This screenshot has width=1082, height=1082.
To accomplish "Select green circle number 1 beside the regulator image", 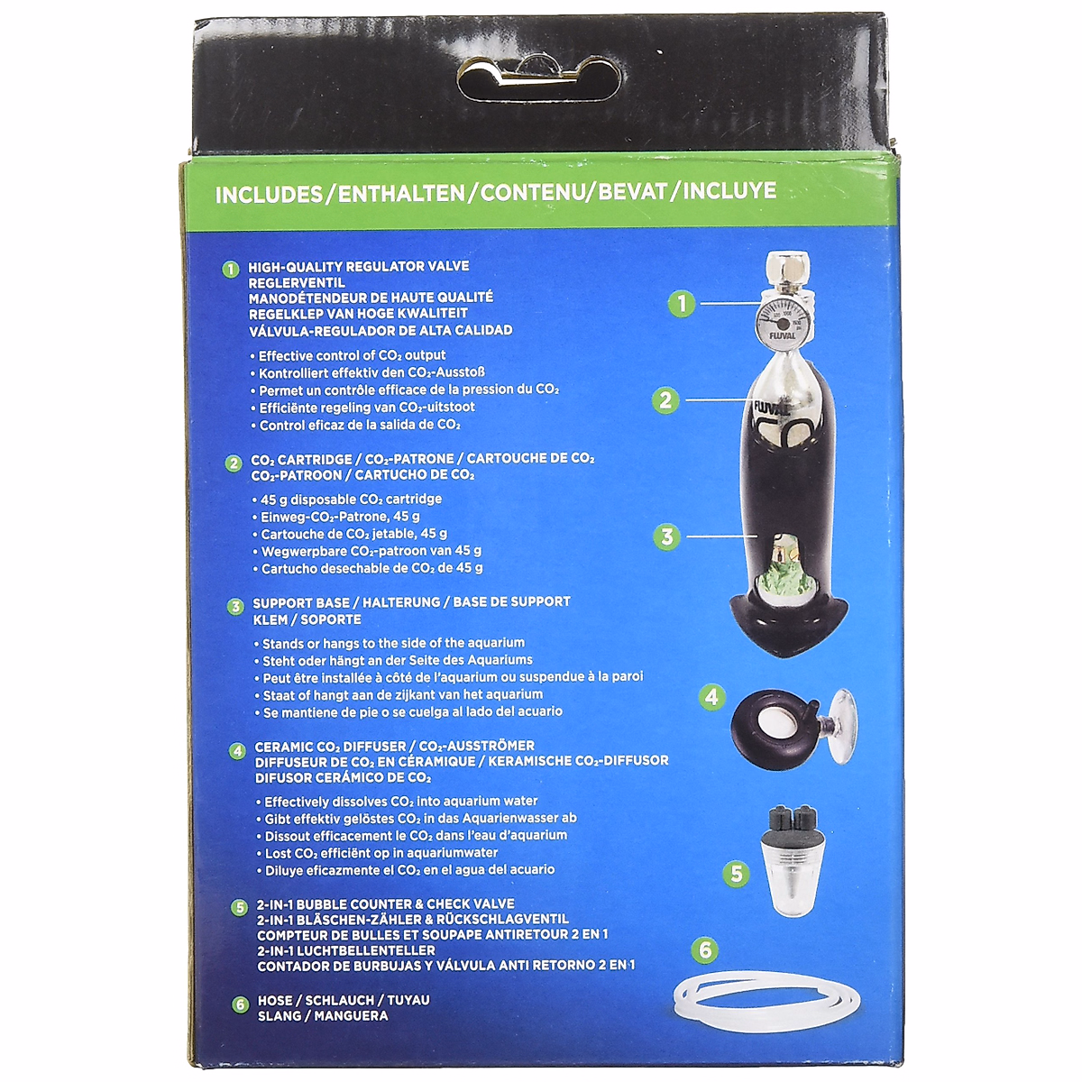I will click(x=683, y=304).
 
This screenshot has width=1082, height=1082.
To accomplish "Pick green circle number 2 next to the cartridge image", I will click(x=665, y=399).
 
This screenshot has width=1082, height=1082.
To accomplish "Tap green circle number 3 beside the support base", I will click(x=666, y=537).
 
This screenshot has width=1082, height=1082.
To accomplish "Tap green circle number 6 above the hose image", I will click(x=705, y=949).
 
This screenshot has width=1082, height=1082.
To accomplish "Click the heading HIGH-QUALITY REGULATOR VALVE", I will click(x=359, y=267).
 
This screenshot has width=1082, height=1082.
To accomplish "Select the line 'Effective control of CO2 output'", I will click(x=353, y=356).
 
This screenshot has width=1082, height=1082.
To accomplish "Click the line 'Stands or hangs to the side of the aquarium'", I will click(x=393, y=644).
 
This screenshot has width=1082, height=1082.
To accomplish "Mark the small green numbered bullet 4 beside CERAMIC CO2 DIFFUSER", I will click(x=237, y=750).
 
